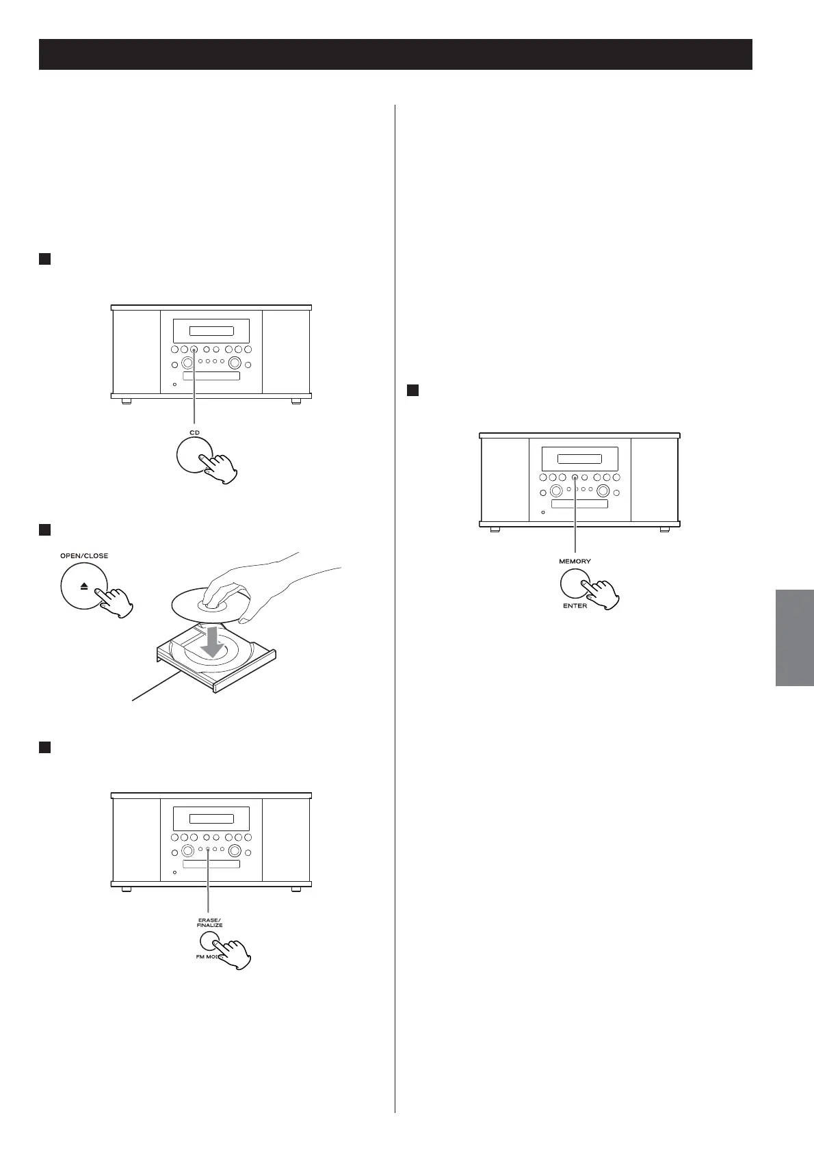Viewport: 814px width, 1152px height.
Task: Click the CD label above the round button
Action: pos(195,432)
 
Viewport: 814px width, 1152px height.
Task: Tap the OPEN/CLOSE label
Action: pos(84,555)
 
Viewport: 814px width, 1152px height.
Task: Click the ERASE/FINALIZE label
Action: pos(209,922)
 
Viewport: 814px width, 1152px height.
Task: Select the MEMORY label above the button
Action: pos(575,561)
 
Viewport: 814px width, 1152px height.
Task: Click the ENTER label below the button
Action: pos(575,606)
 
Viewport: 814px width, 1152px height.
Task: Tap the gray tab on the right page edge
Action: pos(795,637)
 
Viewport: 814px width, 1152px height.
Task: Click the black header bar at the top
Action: pos(395,54)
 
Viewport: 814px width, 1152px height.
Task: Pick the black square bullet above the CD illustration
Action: pos(45,259)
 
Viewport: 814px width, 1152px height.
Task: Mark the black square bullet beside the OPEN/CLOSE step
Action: pos(45,529)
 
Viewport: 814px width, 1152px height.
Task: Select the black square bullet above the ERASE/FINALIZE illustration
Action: pos(45,747)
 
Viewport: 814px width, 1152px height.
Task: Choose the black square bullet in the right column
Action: pos(412,391)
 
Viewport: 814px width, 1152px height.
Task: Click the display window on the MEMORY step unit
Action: pos(579,460)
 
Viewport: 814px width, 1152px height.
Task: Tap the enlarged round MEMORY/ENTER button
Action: pos(575,583)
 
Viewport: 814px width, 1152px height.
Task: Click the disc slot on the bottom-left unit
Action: pos(211,864)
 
